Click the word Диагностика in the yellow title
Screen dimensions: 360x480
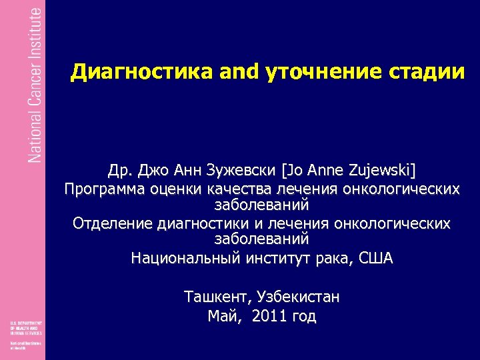click(x=127, y=72)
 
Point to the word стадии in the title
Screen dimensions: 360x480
click(x=421, y=72)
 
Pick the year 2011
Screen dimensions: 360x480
click(x=270, y=316)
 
